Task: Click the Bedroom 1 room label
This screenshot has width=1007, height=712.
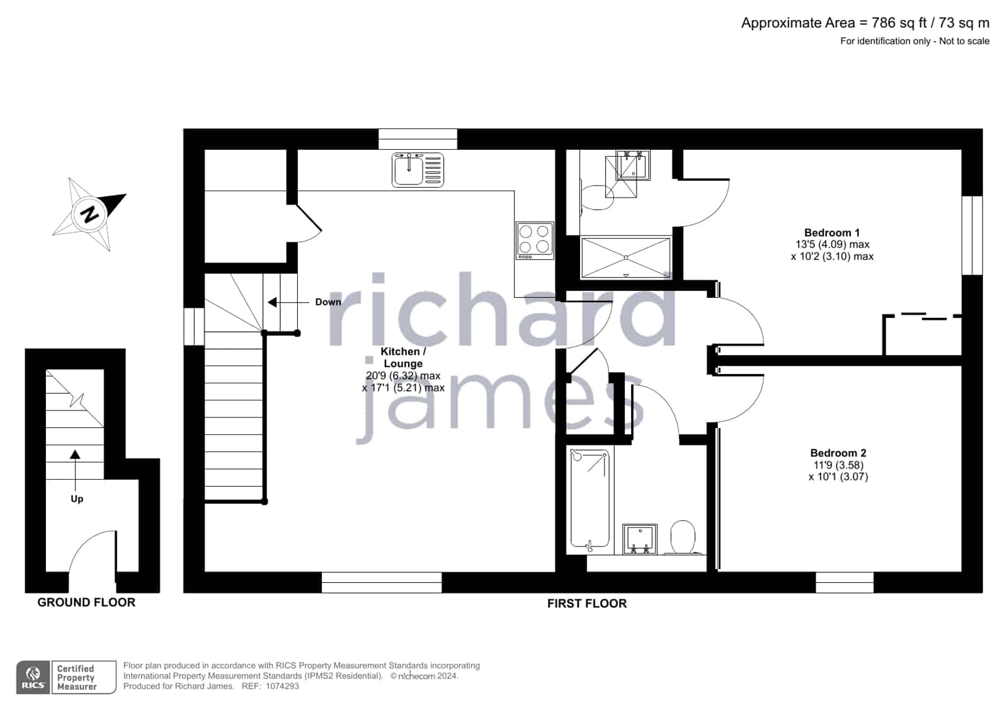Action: pos(832,233)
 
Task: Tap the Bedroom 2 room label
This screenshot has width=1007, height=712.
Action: pos(838,453)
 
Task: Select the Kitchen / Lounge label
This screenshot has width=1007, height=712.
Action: pos(403,358)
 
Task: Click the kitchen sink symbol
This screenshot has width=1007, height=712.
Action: pos(418,170)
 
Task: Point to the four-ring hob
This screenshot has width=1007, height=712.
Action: pos(535,240)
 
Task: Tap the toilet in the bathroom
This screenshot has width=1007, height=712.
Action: pos(683,537)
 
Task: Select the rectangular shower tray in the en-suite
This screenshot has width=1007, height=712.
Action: pos(626,257)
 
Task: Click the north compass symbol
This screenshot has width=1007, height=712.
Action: pos(90,214)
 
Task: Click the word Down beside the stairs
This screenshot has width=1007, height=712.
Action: pos(328,302)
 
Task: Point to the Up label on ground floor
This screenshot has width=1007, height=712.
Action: pos(77,499)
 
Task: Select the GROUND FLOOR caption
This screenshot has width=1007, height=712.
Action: pos(86,602)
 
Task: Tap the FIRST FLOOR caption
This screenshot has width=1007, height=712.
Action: pos(587,604)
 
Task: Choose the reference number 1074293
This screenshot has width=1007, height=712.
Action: pos(282,686)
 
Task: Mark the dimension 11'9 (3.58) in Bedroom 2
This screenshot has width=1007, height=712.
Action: pos(838,465)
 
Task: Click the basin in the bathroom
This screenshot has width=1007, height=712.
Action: pos(640,539)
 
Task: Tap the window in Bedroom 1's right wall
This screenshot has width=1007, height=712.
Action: pos(972,235)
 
